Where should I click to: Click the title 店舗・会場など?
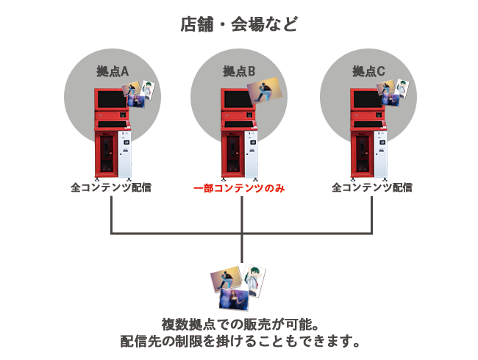[239, 25]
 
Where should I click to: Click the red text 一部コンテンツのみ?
[239, 189]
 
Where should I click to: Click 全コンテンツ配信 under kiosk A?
[111, 187]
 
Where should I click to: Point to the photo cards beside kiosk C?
[393, 90]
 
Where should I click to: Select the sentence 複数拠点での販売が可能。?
[239, 323]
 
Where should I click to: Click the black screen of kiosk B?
[235, 98]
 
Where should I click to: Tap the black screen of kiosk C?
[365, 98]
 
